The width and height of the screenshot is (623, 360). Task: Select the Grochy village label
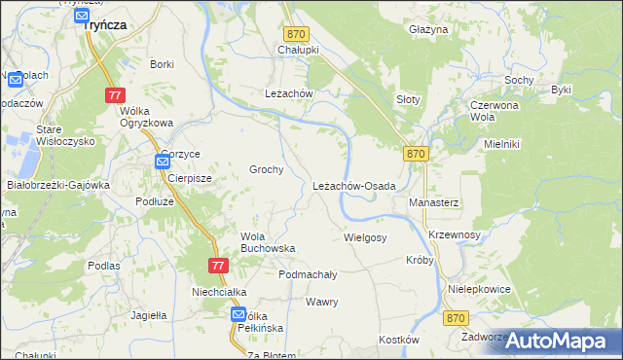click(266, 169)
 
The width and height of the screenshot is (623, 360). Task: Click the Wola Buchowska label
click(268, 241)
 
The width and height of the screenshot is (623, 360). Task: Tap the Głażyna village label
click(428, 30)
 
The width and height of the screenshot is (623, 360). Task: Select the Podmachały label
click(308, 274)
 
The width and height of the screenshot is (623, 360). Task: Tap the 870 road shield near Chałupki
click(296, 33)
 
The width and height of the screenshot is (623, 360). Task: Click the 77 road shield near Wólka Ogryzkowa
click(116, 95)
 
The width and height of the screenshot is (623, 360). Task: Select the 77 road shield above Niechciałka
click(218, 265)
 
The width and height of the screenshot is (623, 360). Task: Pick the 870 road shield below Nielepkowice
click(455, 318)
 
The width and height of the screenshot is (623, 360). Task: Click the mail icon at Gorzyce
click(161, 162)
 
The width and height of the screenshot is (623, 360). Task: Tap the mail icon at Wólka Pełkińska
click(238, 315)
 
